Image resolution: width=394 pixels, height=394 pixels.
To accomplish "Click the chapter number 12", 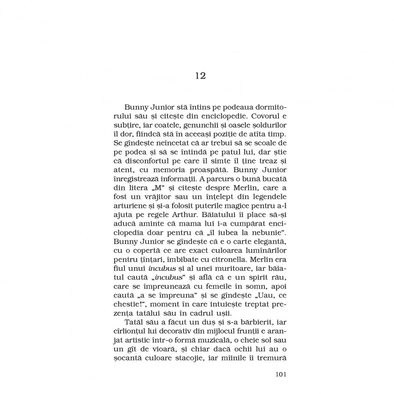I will (200, 76).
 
